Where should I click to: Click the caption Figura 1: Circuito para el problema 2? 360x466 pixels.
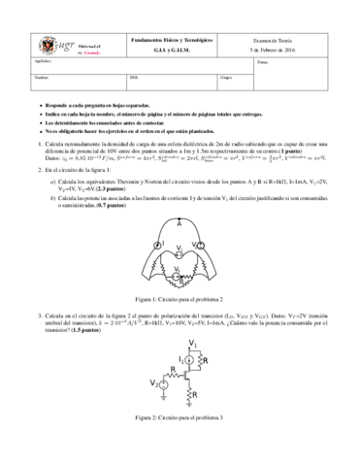pyautogui.click(x=180, y=300)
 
